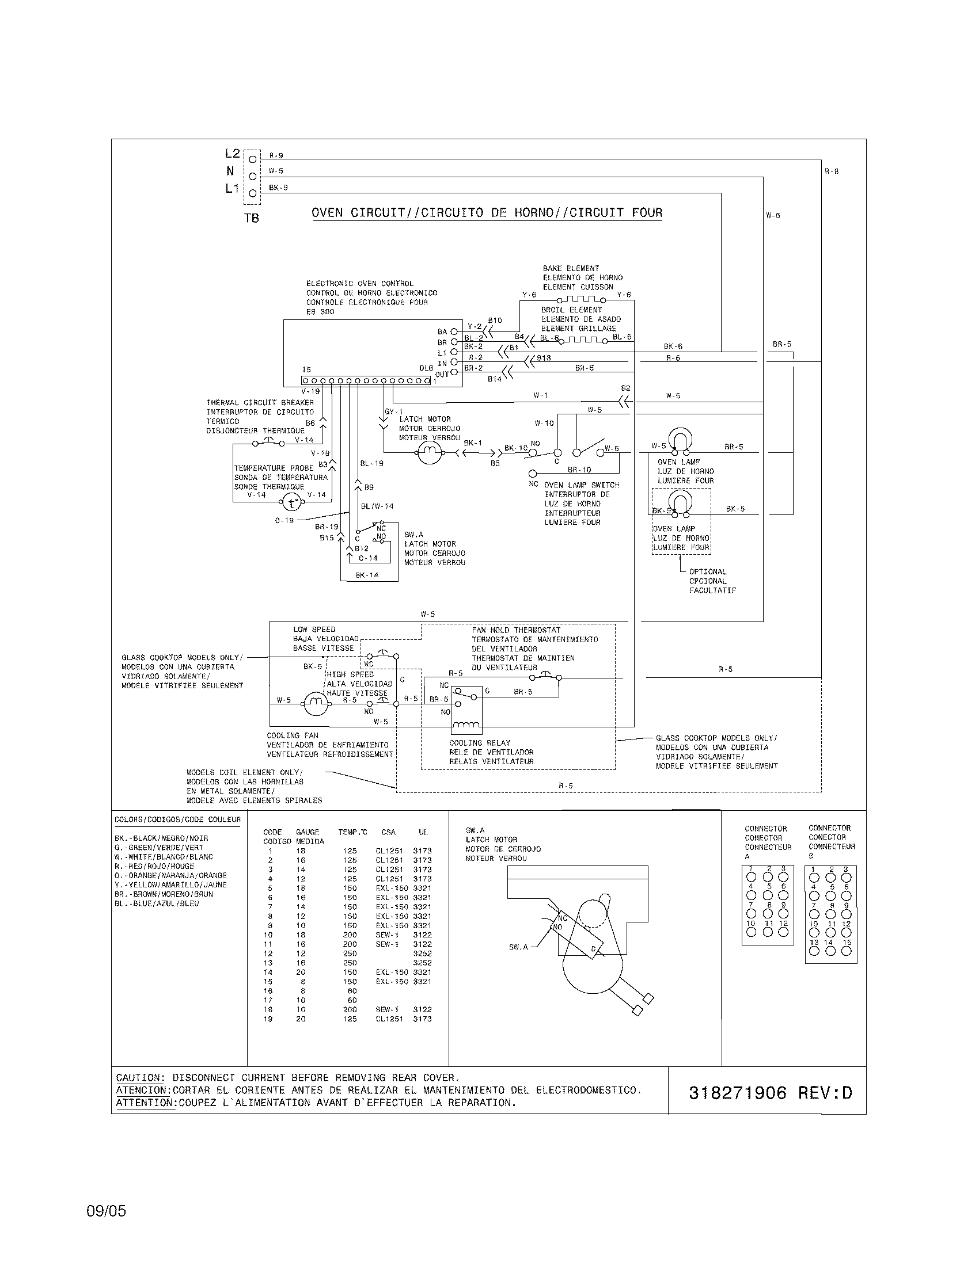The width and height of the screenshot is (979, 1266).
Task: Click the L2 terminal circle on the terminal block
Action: (252, 159)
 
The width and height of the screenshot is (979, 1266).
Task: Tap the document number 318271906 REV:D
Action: (770, 1093)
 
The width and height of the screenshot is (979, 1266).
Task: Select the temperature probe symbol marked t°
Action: (292, 502)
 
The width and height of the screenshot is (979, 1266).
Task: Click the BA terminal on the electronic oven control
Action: (454, 332)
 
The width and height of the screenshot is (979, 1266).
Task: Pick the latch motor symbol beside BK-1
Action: (429, 453)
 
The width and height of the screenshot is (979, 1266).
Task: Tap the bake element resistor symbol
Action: (580, 300)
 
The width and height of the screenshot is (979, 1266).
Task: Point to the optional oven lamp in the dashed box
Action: (680, 502)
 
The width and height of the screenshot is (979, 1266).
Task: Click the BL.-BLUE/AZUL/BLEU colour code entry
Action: (157, 903)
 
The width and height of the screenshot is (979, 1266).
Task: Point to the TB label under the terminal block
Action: (252, 219)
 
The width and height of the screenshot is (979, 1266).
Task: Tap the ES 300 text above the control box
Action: (321, 312)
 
